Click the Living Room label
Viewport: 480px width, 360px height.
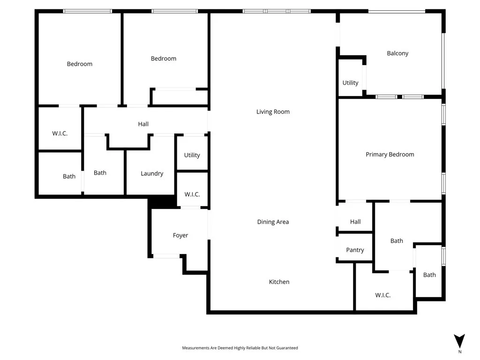click(273, 112)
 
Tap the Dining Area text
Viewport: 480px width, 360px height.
click(273, 222)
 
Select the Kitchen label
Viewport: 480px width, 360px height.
click(279, 282)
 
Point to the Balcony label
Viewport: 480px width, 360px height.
click(397, 53)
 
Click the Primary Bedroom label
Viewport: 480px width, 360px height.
click(390, 154)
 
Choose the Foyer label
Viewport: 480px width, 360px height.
click(180, 235)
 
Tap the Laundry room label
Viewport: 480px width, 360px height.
click(152, 173)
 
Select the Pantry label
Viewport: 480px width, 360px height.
click(355, 250)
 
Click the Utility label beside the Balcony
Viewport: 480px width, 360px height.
click(350, 83)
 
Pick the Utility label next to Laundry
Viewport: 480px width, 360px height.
click(192, 155)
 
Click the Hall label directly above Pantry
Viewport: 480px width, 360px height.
click(355, 222)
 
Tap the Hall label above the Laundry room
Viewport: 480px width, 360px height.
click(143, 124)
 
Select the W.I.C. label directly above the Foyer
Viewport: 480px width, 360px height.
click(192, 194)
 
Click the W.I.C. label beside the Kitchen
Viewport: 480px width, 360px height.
click(382, 295)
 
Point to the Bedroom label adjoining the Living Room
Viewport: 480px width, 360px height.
click(164, 59)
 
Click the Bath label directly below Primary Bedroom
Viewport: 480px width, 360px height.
click(397, 241)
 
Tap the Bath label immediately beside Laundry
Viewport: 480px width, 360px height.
click(100, 172)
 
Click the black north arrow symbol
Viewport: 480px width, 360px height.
click(459, 341)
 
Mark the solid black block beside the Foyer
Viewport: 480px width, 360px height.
click(162, 202)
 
